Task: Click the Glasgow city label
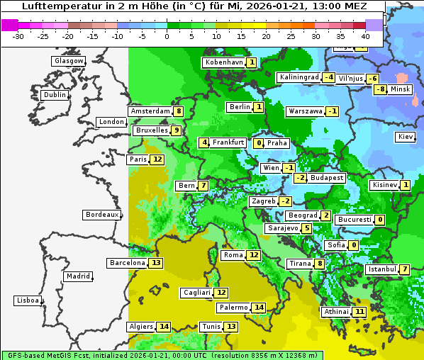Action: pos(69,61)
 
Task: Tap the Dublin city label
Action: pos(55,95)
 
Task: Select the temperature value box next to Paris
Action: pos(157,159)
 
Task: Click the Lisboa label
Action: pos(28,300)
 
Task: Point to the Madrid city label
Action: pos(77,276)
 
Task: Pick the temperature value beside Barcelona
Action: pos(157,263)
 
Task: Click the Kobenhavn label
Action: pos(224,62)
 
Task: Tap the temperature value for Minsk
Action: pos(381,89)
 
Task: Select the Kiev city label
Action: pos(406,137)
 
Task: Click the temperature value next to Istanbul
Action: pos(404,269)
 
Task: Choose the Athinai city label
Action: pos(336,312)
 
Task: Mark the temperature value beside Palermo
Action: pos(259,308)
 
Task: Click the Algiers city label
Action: pos(140,327)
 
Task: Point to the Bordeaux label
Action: pos(102,215)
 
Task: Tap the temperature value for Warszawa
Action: pos(332,111)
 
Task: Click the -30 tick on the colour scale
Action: pos(18,35)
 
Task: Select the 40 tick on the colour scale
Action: pos(365,35)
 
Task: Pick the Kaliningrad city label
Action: pos(299,77)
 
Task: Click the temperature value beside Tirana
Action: pos(320,264)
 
